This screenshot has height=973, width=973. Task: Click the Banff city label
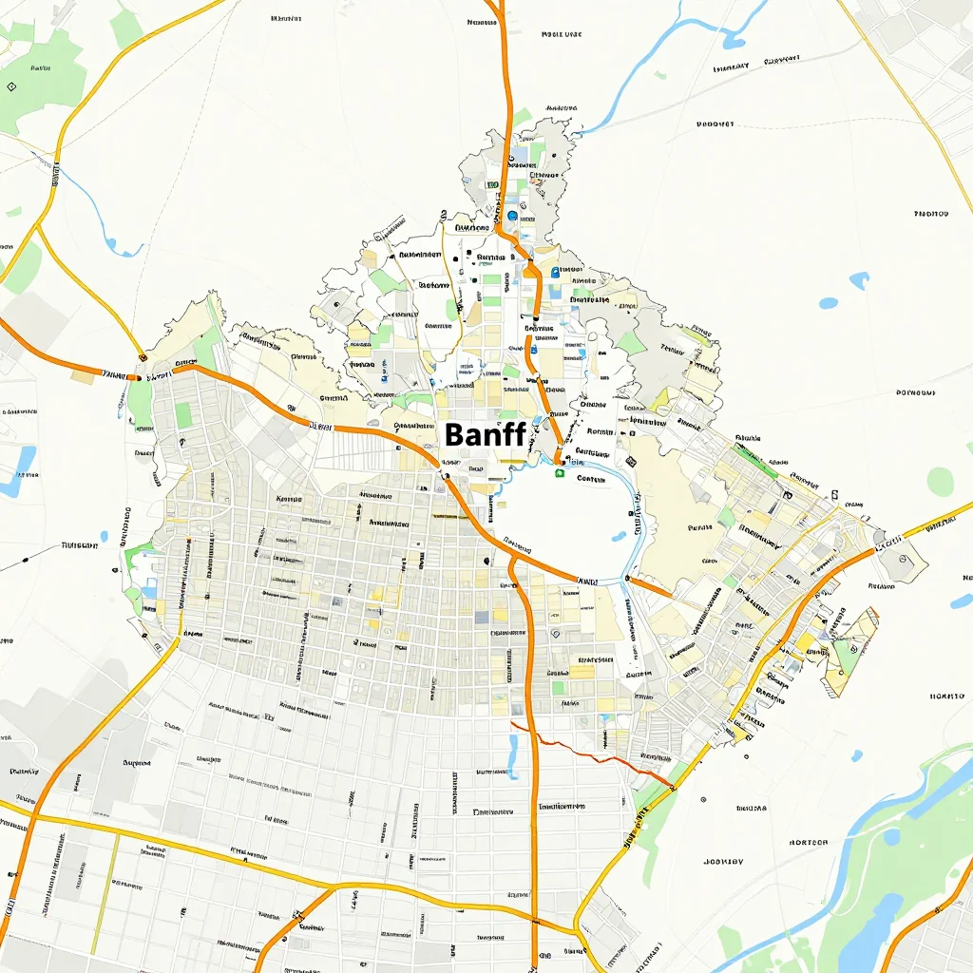point(485,435)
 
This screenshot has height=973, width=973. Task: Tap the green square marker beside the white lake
point(560,472)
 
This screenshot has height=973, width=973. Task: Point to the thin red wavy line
point(589,751)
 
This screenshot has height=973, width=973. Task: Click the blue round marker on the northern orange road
point(513,216)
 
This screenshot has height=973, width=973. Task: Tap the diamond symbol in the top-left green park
point(10,86)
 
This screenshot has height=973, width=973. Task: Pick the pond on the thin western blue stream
point(124,249)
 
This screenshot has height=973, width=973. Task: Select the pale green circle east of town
point(940,481)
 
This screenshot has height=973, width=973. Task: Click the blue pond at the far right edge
point(962,601)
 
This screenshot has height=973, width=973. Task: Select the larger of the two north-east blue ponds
point(859,280)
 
